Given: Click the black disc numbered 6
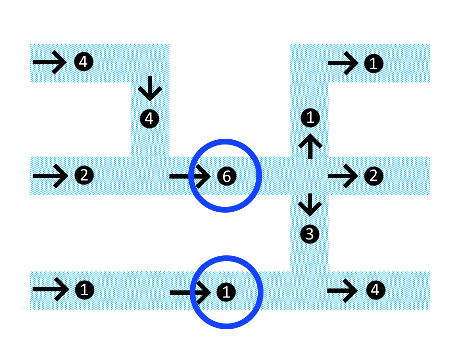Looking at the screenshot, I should pos(227,176).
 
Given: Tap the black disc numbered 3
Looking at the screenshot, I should pos(310,234).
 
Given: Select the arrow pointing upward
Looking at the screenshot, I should pos(310,146).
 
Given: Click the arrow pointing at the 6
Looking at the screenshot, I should pos(190,176).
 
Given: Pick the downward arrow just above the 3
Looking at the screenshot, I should pos(310,204).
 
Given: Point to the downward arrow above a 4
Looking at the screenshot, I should pos(150,89).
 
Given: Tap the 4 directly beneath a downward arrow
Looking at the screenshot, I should pos(149,118).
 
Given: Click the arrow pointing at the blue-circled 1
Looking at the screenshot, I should pos(190,291).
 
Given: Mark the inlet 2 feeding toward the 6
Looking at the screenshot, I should pos(84,176).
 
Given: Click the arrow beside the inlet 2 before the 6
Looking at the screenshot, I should pos(50,176).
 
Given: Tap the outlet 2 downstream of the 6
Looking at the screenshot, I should pos(373,176).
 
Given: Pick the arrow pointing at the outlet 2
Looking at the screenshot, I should pos(343,176).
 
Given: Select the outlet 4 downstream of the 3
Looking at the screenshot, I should pos(375,289).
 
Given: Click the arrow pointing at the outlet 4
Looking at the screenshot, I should pos(342,290).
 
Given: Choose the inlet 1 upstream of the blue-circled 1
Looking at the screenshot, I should pos(84,289).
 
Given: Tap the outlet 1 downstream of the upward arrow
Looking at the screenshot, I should pos(373,63).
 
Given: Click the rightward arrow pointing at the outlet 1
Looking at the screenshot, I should pos(343,63).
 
